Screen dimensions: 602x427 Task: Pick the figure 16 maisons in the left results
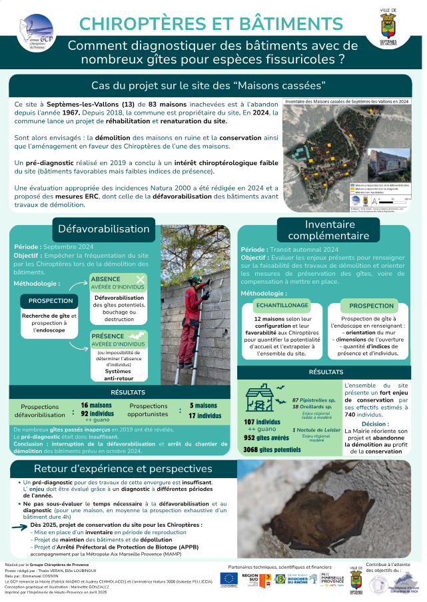tap(96, 405)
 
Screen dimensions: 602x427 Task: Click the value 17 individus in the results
tap(205, 416)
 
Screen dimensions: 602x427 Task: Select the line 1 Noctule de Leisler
tap(316, 430)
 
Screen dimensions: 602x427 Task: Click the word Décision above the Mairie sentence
tap(375, 424)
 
